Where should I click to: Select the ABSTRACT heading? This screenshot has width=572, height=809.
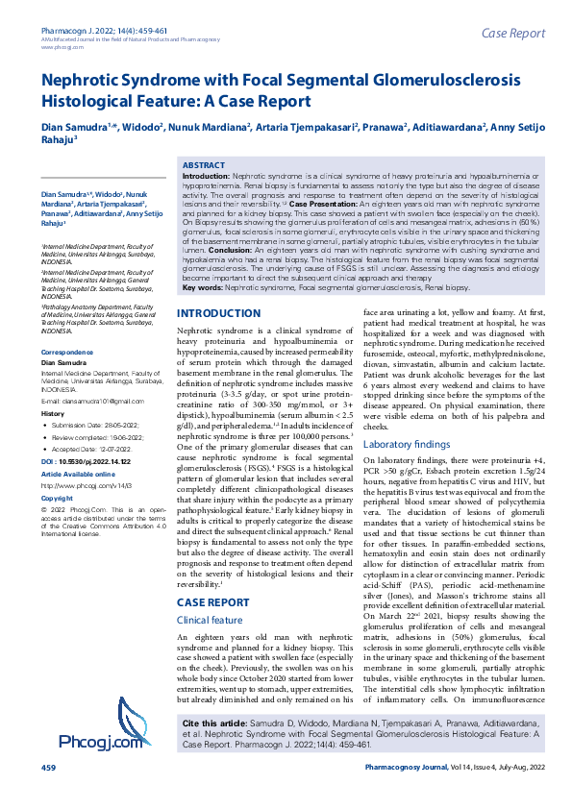[203, 166]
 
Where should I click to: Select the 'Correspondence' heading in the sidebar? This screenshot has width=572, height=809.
[67, 354]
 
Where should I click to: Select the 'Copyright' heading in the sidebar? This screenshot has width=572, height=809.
[57, 499]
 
